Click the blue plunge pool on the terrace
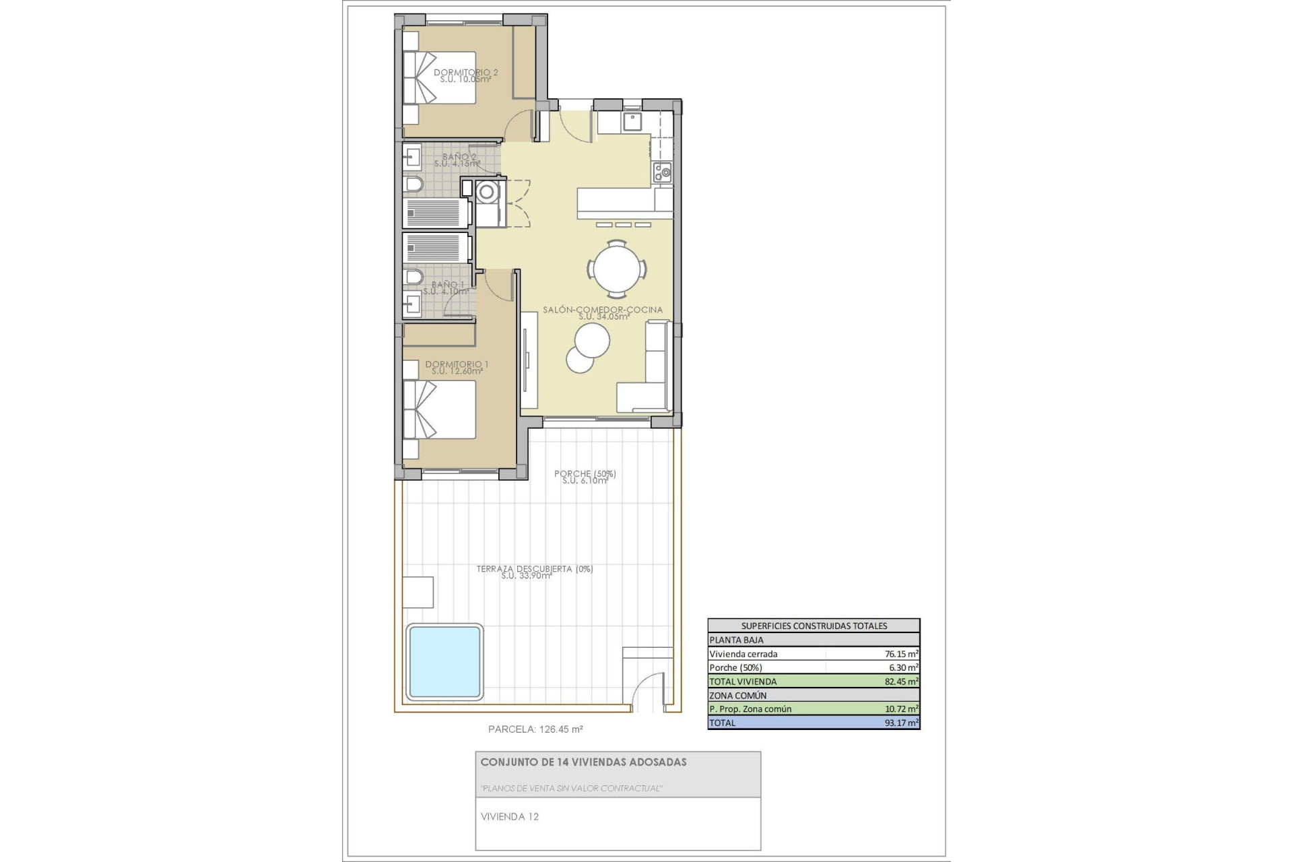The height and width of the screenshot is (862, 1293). pyautogui.click(x=444, y=661)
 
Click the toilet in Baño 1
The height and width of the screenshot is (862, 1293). pyautogui.click(x=413, y=277)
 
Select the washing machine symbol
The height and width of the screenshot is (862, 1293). pyautogui.click(x=486, y=193)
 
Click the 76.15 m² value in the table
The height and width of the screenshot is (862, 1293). pyautogui.click(x=901, y=654)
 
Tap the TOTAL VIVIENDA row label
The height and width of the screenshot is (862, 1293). pyautogui.click(x=742, y=682)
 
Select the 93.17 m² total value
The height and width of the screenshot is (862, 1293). pyautogui.click(x=901, y=723)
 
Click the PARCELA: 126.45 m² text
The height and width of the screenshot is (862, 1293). pyautogui.click(x=535, y=729)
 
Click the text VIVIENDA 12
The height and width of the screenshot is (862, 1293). pyautogui.click(x=510, y=817)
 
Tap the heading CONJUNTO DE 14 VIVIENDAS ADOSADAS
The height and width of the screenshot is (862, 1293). pyautogui.click(x=583, y=762)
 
